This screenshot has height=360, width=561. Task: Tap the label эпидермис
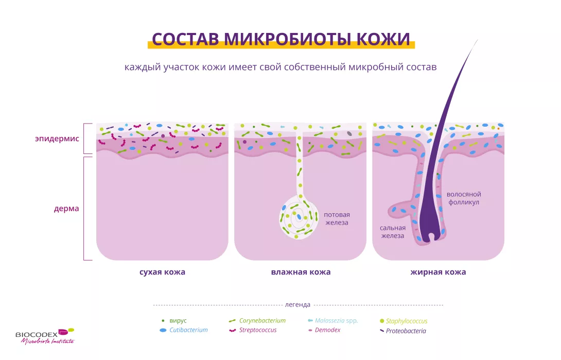57,139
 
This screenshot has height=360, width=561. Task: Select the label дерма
66,209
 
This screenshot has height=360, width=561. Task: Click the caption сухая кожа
163,272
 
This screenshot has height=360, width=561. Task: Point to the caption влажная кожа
301,272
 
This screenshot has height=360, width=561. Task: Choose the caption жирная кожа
439,272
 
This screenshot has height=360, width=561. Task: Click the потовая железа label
337,219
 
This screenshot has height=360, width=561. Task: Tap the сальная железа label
393,232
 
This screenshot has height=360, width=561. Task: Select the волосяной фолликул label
464,198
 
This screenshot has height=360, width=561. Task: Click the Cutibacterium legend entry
184,330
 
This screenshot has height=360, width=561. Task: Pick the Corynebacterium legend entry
257,321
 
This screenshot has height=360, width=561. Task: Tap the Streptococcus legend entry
253,330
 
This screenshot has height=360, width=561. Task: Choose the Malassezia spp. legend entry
332,321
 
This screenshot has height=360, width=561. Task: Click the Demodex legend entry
324,330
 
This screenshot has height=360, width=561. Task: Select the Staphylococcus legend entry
404,321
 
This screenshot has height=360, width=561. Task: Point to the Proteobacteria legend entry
403,331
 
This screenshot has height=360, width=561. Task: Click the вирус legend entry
174,321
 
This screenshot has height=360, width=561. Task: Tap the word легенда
297,305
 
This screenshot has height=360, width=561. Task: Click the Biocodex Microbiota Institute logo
45,336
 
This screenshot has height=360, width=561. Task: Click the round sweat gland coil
299,217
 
